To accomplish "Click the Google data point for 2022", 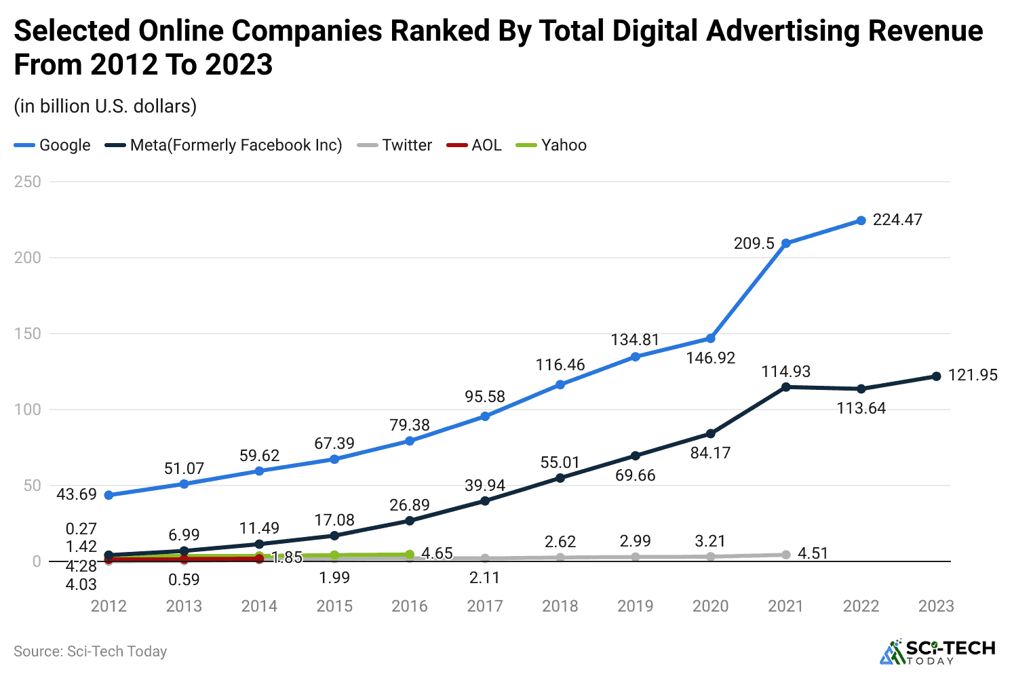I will [x=861, y=220].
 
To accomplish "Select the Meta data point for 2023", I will [x=936, y=376].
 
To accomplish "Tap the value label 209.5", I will [x=754, y=243].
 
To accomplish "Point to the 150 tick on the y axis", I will [x=27, y=334].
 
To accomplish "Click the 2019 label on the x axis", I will [x=635, y=606].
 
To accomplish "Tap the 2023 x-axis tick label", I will [x=936, y=606].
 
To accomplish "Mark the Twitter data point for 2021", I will [x=785, y=555].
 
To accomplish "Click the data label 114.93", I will [x=785, y=372].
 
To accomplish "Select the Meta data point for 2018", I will [x=560, y=478].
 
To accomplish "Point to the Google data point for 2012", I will [x=109, y=495].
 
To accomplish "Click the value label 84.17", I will [x=710, y=453].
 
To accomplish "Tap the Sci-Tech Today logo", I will [x=937, y=651].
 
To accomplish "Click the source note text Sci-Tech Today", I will [x=117, y=652].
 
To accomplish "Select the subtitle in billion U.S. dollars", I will [x=105, y=106].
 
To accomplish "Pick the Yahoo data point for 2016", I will [x=410, y=555].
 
